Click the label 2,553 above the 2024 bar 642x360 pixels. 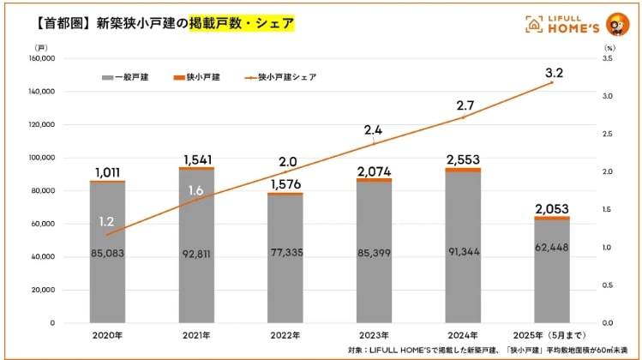[463, 159]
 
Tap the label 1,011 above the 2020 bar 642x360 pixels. [107, 171]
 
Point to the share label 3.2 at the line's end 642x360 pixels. [554, 75]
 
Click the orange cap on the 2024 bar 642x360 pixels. [463, 171]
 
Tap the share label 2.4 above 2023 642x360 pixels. [374, 130]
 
